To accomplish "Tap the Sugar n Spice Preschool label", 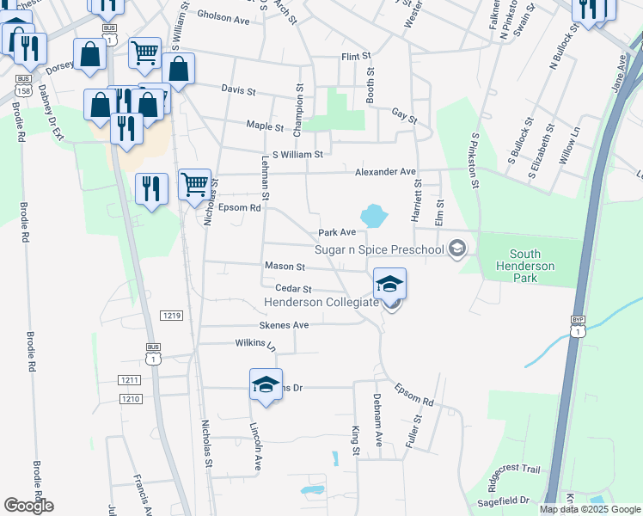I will click(378, 250).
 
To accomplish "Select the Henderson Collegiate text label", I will click(321, 303).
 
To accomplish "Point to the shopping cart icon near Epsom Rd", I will click(195, 183).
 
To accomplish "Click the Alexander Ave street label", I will click(386, 172).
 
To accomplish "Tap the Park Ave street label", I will click(337, 232).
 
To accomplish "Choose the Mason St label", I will click(285, 267).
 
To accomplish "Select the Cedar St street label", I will click(293, 289).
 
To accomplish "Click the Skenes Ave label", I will click(284, 325).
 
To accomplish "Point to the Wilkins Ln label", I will click(255, 346).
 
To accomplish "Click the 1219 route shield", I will click(170, 316).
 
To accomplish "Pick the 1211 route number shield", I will click(129, 380).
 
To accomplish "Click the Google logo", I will click(29, 505).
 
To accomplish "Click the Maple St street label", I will click(265, 126).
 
